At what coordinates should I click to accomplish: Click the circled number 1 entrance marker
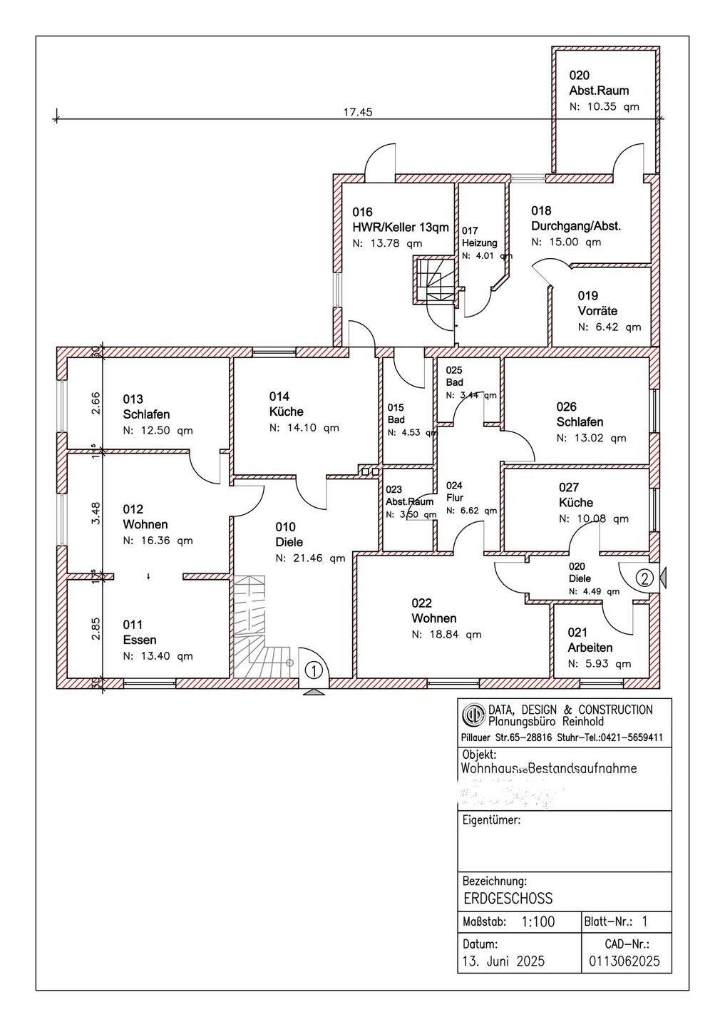(314, 670)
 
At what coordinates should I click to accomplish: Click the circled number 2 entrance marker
(644, 577)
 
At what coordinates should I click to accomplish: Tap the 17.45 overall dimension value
(358, 112)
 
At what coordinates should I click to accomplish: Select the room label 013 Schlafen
(147, 407)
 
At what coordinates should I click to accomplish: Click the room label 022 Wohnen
(433, 611)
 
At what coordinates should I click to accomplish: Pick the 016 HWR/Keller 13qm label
(401, 220)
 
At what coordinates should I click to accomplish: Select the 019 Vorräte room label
(597, 303)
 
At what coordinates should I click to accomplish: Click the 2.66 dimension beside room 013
(96, 402)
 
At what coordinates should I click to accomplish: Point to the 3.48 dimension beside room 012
(96, 514)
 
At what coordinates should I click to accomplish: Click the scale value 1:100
(538, 921)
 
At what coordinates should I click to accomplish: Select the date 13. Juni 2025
(503, 961)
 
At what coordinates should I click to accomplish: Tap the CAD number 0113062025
(624, 961)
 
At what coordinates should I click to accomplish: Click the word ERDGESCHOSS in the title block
(507, 898)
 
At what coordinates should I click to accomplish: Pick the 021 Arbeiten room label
(590, 640)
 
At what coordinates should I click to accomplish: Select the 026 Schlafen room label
(580, 414)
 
